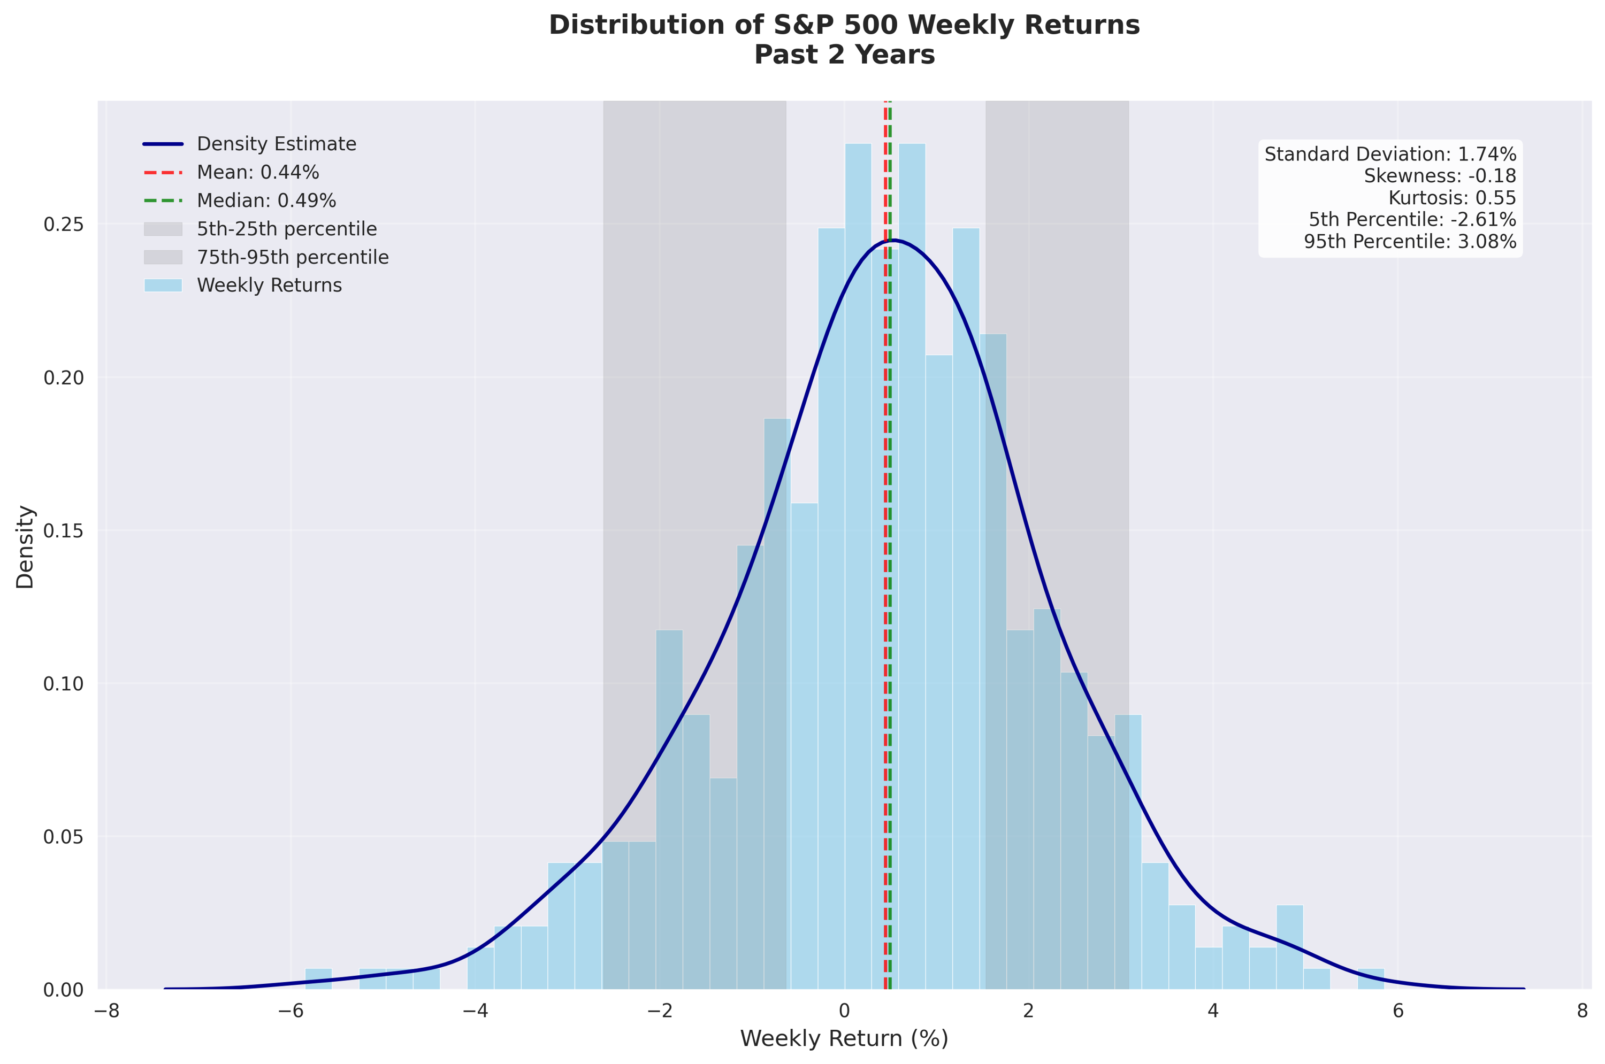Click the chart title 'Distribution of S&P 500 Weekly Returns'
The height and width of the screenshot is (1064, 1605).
(844, 25)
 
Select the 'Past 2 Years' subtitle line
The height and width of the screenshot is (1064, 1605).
(844, 55)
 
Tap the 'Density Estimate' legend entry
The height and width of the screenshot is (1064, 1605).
(276, 144)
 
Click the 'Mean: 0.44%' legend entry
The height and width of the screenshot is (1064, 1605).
(257, 172)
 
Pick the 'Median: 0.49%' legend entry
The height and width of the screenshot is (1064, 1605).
(266, 201)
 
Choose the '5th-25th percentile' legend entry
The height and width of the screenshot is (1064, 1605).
(287, 229)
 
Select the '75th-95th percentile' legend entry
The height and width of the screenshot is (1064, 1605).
(293, 258)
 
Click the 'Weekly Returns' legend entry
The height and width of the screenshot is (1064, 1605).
(269, 286)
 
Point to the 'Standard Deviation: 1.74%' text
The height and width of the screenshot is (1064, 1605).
(1390, 155)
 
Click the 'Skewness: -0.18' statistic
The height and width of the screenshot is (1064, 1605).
(1439, 176)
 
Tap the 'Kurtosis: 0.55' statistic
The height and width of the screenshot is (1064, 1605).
(1451, 198)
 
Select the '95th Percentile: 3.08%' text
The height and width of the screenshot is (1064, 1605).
(1410, 242)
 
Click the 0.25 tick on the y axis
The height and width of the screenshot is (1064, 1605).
(63, 225)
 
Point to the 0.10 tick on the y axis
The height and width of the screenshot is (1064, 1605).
(63, 684)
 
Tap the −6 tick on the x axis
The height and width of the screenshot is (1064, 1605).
(290, 1011)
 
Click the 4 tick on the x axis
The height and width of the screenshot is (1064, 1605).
(1212, 1011)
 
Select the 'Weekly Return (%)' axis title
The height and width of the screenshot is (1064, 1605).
(844, 1039)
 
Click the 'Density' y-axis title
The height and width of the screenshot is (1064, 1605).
(25, 546)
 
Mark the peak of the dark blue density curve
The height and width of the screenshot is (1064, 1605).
(893, 240)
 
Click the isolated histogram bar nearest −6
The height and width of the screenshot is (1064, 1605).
(318, 979)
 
